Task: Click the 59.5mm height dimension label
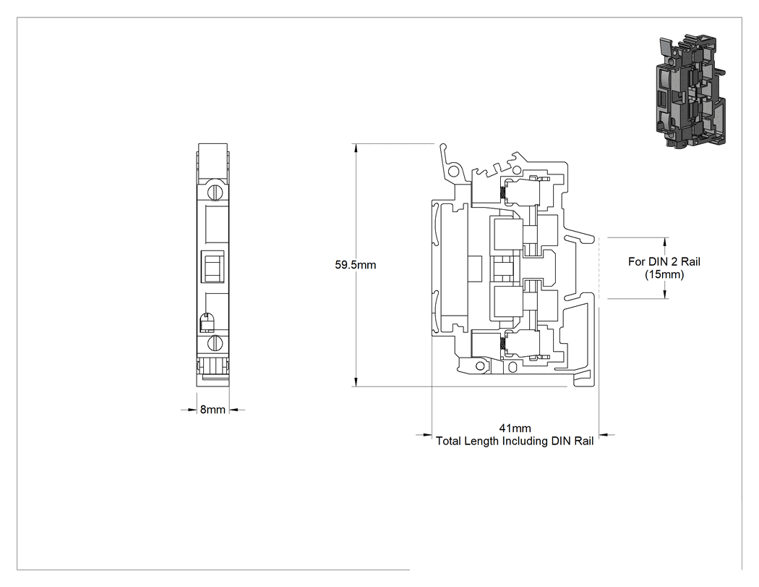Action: point(356,265)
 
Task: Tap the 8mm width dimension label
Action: point(213,410)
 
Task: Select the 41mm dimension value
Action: point(515,428)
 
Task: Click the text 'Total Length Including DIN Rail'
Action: point(515,441)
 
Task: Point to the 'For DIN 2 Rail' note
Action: point(664,262)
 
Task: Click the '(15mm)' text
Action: point(664,275)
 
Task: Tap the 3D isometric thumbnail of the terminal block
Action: point(690,90)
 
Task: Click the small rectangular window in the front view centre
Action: point(213,266)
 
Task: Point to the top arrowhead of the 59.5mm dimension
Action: point(356,148)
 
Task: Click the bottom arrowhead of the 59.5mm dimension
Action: point(356,382)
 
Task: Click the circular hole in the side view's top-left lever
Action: point(454,171)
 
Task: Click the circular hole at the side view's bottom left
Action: point(480,366)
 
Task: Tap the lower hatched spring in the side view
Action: point(503,344)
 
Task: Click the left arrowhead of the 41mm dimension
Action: point(427,435)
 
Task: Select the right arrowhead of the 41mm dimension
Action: point(604,435)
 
